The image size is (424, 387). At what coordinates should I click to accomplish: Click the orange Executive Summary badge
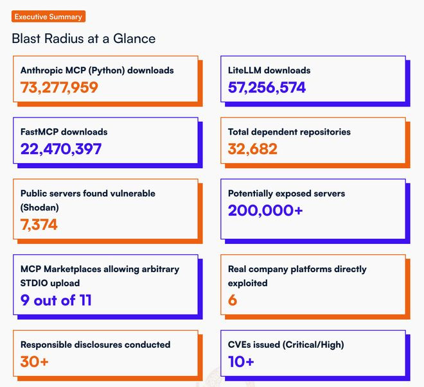click(48, 17)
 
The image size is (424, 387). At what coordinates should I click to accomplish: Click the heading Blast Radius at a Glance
click(84, 39)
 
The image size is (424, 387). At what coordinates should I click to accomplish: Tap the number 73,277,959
click(59, 87)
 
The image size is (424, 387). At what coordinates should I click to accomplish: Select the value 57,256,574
click(267, 87)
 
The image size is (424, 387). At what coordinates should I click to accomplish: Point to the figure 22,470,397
click(61, 149)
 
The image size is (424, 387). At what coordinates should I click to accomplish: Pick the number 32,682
click(252, 149)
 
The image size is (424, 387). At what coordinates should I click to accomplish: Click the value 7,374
click(39, 224)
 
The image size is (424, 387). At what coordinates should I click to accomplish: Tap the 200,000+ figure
click(265, 210)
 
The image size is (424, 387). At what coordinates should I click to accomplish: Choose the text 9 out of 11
click(56, 300)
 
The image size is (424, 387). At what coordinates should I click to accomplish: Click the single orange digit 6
click(233, 300)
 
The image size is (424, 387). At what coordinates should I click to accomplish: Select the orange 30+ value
click(35, 361)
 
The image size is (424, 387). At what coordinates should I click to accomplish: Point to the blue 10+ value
click(241, 361)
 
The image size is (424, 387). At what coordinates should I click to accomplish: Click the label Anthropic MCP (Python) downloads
click(97, 70)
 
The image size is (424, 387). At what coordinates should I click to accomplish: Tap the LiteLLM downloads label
click(269, 70)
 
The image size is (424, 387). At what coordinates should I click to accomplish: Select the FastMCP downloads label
click(64, 132)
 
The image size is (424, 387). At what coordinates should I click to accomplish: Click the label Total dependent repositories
click(289, 132)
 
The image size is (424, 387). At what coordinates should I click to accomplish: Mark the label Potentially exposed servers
click(287, 193)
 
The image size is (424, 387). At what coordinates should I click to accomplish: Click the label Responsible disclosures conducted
click(95, 345)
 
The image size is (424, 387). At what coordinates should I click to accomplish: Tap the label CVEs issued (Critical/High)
click(286, 345)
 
